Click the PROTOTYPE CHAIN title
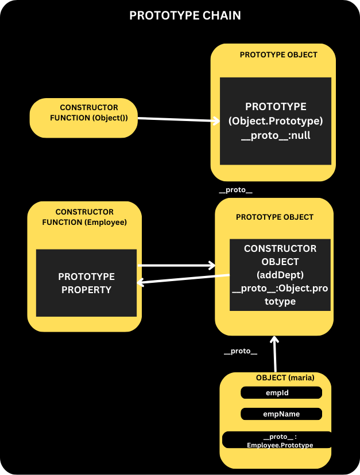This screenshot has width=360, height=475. point(185,15)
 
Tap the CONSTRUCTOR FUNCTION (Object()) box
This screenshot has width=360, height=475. point(84,118)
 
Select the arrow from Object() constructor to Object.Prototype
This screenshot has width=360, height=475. point(179,120)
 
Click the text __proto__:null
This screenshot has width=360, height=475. point(276,135)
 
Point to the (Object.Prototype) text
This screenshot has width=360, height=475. point(276,121)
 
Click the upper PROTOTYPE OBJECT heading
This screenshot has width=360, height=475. point(278,55)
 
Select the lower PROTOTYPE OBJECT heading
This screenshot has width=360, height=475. point(274,217)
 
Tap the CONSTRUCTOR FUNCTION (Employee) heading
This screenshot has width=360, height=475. point(84,217)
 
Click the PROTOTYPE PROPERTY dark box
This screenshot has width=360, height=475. point(87,283)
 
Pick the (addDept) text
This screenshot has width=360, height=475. point(280,275)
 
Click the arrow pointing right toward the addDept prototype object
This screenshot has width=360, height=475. point(176,266)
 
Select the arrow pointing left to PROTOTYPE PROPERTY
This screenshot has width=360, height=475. point(183,279)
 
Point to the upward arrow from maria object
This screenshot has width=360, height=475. point(275,354)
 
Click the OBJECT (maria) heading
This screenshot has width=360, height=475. point(285,377)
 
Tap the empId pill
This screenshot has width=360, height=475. point(281,392)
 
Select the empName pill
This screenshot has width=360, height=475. point(281,414)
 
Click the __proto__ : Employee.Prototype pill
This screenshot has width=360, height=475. point(277,440)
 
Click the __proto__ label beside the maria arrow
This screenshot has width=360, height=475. point(241,351)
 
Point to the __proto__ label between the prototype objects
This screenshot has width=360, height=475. point(235,190)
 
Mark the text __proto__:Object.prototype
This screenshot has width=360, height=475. point(280,295)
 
